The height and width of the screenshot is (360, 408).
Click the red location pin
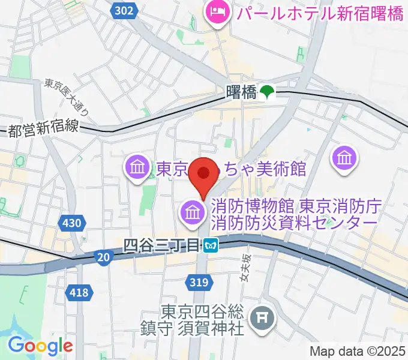[203, 174]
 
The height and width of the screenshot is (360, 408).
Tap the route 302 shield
[123, 10]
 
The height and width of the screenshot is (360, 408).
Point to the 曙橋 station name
[242, 92]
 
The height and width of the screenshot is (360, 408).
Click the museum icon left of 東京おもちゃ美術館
[138, 167]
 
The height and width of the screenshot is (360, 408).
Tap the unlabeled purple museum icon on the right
[346, 158]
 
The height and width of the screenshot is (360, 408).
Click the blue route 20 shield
[103, 257]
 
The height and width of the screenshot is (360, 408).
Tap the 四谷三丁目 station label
[161, 245]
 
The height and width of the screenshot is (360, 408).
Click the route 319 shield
[201, 282]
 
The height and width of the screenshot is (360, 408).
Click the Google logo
[40, 346]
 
